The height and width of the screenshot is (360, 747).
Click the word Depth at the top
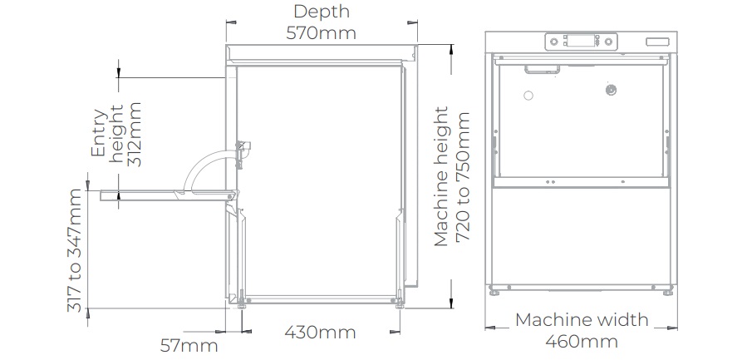click(322, 12)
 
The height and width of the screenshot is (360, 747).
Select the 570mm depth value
click(321, 33)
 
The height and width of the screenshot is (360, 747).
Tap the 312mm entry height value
click(135, 134)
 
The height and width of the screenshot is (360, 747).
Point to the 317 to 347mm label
click(74, 250)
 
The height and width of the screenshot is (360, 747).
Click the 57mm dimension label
click(189, 345)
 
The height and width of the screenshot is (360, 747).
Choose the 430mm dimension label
click(320, 332)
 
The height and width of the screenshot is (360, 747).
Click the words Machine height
click(441, 176)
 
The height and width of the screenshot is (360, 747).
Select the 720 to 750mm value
click(463, 177)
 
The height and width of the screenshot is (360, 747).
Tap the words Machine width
click(582, 319)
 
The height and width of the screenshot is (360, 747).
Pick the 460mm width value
click(582, 342)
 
